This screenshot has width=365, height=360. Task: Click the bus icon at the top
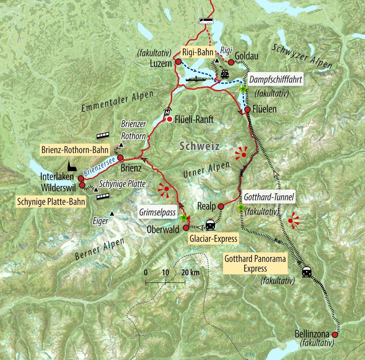[205, 20]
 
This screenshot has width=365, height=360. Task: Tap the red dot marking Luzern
[178, 61]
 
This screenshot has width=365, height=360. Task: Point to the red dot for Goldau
[231, 62]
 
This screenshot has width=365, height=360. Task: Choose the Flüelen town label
[265, 109]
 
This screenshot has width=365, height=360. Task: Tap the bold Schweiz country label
[199, 147]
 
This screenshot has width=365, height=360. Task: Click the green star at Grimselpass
[184, 218]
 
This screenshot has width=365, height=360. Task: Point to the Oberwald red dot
[185, 228]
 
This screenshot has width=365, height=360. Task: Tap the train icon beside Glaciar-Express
[210, 225]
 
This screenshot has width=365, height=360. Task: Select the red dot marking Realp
[220, 206]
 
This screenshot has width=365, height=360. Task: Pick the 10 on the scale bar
[165, 273]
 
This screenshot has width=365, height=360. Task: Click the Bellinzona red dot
[335, 334]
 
